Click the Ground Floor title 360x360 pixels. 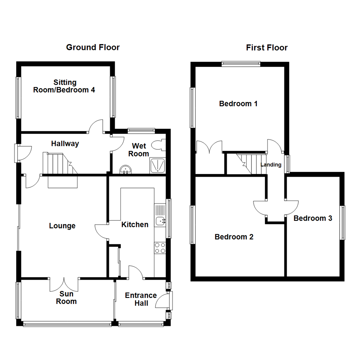tap(93, 47)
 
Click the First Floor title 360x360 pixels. tap(267, 48)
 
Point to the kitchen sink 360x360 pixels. tap(161, 221)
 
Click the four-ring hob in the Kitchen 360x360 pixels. tap(160, 248)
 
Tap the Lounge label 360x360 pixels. tap(62, 226)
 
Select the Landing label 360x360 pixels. tap(271, 165)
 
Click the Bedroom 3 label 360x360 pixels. tap(313, 218)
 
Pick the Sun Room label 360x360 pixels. tap(66, 298)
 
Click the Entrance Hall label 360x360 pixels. tap(141, 299)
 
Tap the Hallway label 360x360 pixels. tap(65, 144)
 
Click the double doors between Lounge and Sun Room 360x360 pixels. tap(64, 284)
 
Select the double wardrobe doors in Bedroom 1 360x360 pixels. tap(209, 148)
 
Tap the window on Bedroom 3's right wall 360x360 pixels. tap(342, 223)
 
